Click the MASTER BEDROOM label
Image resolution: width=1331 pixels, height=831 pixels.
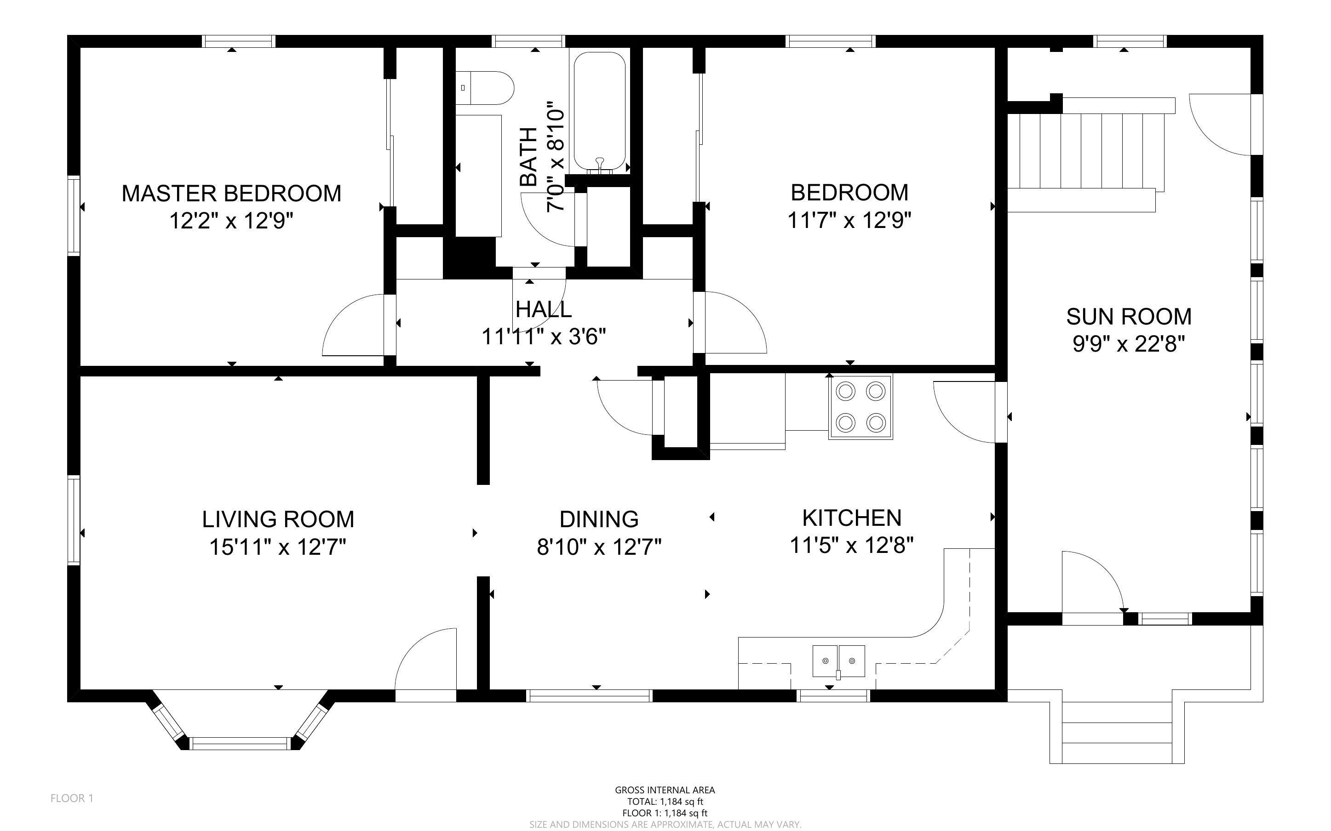[231, 194]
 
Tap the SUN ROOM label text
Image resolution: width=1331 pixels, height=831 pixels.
[1129, 317]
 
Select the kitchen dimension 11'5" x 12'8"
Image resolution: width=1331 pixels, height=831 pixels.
[852, 546]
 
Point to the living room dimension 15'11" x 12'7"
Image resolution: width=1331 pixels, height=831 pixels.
[278, 547]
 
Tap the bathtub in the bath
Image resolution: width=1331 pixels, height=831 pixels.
[600, 112]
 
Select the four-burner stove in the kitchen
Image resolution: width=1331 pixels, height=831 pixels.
[861, 407]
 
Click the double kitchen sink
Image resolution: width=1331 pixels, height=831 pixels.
[838, 661]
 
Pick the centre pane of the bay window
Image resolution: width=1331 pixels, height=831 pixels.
[240, 744]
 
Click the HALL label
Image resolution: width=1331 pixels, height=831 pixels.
[543, 309]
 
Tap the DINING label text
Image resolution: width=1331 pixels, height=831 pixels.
[599, 519]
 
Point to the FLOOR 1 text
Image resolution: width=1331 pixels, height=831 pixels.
[72, 798]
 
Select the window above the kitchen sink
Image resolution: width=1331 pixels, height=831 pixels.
[833, 696]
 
